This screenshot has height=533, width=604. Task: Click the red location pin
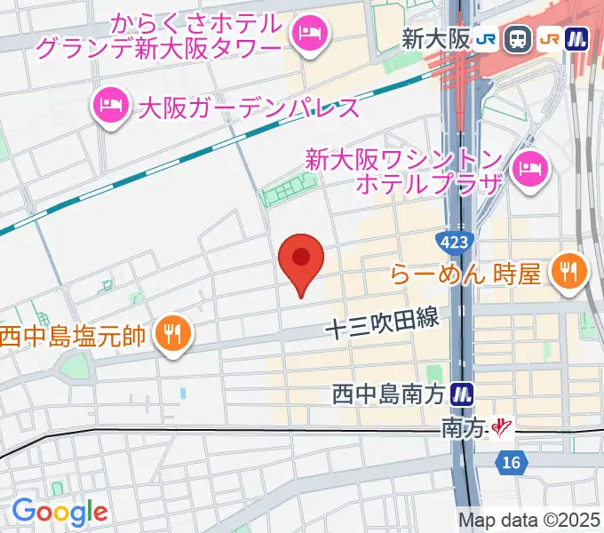pyautogui.click(x=301, y=259)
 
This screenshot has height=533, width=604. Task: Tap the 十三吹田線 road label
pyautogui.click(x=382, y=324)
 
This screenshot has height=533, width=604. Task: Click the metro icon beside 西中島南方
pyautogui.click(x=461, y=393)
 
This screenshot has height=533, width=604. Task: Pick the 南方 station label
pyautogui.click(x=464, y=429)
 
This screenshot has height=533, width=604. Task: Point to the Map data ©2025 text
pyautogui.click(x=529, y=520)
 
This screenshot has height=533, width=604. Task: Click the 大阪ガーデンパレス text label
pyautogui.click(x=250, y=108)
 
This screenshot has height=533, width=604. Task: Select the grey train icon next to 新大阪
pyautogui.click(x=515, y=38)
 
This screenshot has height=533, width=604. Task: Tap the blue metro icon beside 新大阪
pyautogui.click(x=578, y=38)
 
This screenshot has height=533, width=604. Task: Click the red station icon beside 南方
pyautogui.click(x=503, y=429)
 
